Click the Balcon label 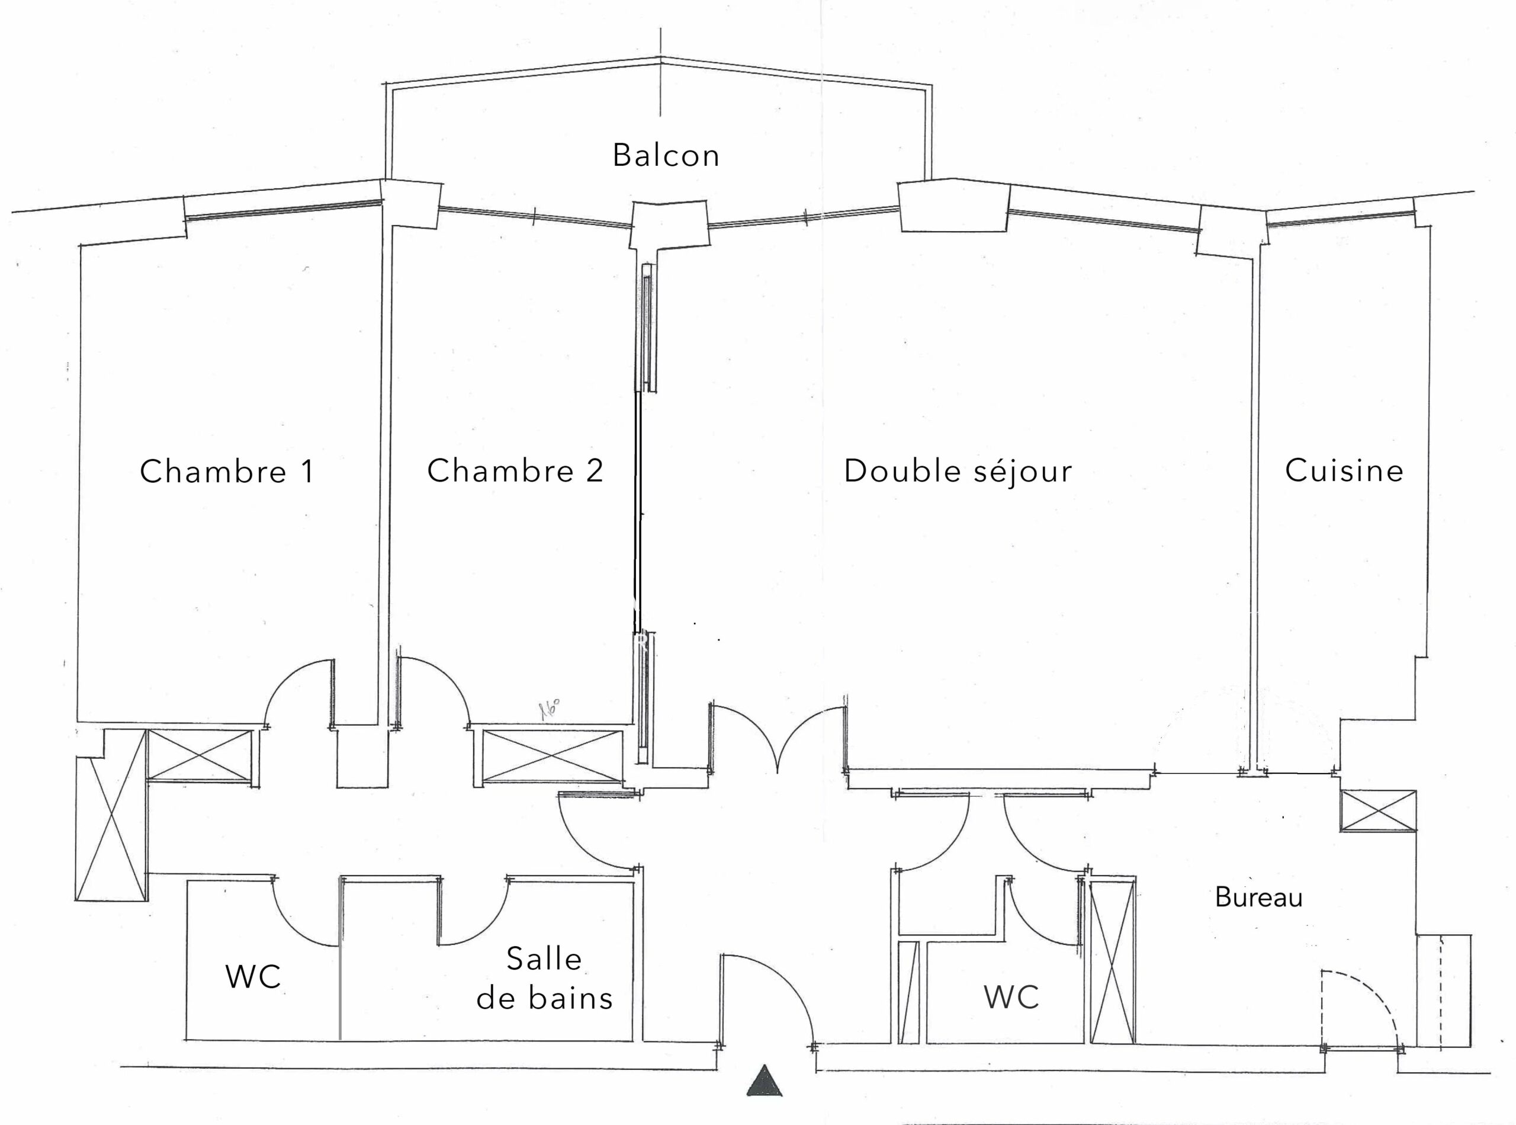tap(666, 156)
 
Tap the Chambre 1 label tap(227, 471)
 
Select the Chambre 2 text tap(515, 470)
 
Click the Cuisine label tap(1344, 470)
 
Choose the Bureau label tap(1258, 898)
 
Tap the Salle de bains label tap(545, 979)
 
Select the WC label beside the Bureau tap(1011, 998)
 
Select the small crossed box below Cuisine tap(1379, 810)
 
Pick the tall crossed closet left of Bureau tap(1112, 961)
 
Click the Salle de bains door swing tap(477, 912)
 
